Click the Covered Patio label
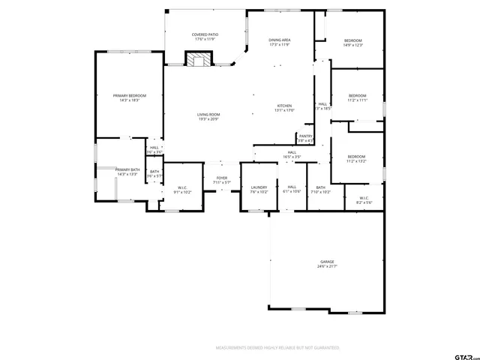click(205, 37)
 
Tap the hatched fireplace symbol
click(199, 59)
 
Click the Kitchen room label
click(284, 108)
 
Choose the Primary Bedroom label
click(130, 98)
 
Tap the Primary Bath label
click(127, 172)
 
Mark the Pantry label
click(305, 138)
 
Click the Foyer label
click(222, 180)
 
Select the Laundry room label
click(259, 189)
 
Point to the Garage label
click(328, 263)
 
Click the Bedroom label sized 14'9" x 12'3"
click(353, 43)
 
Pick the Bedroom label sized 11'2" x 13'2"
click(355, 159)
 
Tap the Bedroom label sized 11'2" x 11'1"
click(358, 97)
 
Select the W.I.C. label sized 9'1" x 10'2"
click(182, 190)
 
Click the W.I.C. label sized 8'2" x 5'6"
click(364, 200)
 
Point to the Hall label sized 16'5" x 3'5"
click(292, 154)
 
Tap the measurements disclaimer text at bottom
click(277, 348)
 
